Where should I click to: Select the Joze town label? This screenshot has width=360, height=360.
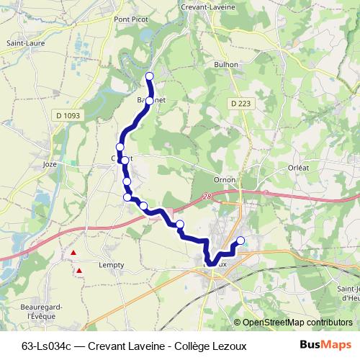point(50,164)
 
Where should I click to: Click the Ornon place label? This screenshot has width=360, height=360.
point(225,180)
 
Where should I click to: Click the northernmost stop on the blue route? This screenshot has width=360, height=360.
point(150,76)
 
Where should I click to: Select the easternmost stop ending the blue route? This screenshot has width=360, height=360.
point(240,240)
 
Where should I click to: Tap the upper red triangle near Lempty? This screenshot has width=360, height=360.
point(73,253)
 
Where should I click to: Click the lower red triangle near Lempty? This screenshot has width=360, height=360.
point(80,271)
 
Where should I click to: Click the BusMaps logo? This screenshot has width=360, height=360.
point(326,345)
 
